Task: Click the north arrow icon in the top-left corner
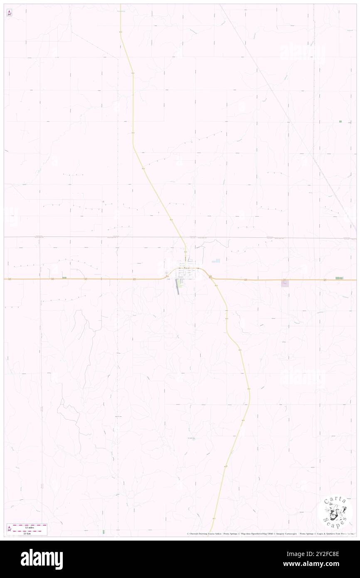point(9,13)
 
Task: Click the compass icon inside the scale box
point(9,528)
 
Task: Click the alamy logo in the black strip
point(42,559)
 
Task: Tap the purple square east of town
point(285,283)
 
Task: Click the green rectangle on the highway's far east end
point(339,278)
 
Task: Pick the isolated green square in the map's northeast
point(340,121)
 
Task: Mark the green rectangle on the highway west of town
point(64,277)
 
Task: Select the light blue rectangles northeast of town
point(216,261)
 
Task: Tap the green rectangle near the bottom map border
point(104,531)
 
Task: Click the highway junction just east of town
point(210,277)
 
